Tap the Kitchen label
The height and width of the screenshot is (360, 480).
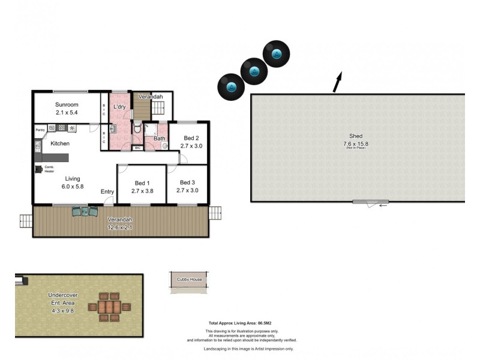click(60, 143)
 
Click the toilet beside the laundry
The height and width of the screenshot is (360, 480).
click(137, 128)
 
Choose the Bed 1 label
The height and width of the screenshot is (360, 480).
click(142, 183)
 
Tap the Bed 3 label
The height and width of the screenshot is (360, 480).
click(187, 182)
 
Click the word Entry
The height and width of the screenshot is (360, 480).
click(107, 192)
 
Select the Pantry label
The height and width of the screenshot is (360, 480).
click(41, 129)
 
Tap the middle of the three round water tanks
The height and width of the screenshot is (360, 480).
click(254, 71)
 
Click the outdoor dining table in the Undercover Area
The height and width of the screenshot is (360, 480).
click(109, 306)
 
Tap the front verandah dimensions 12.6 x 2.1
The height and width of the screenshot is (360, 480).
click(121, 227)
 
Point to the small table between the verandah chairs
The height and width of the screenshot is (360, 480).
click(85, 211)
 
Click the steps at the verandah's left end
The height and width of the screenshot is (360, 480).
click(26, 221)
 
